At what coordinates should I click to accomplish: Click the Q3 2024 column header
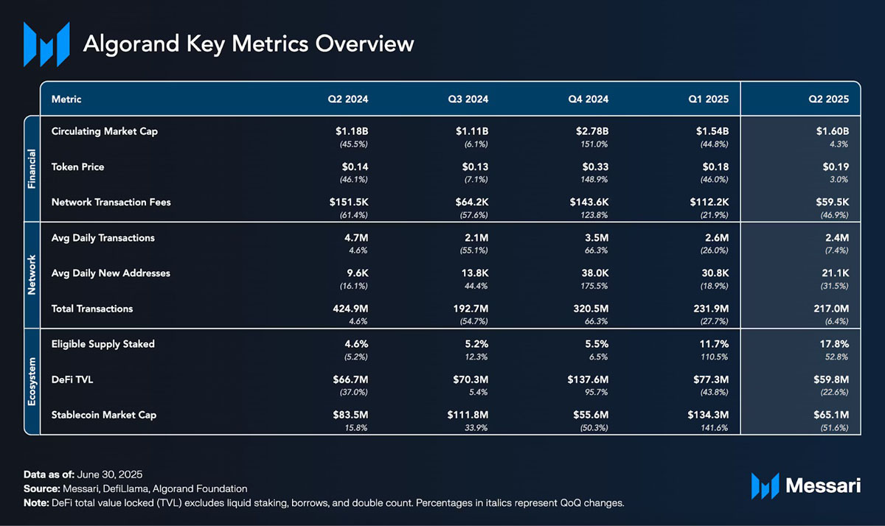(x=468, y=99)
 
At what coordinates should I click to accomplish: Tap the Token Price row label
(x=77, y=167)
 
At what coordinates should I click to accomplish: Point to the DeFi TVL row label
(x=74, y=379)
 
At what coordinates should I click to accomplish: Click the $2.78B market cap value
(x=592, y=132)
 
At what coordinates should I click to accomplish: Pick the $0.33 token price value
(x=595, y=167)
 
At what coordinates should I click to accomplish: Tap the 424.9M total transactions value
(x=347, y=309)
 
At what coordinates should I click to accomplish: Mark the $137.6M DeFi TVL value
(x=587, y=379)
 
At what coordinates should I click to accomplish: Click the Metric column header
(x=66, y=99)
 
